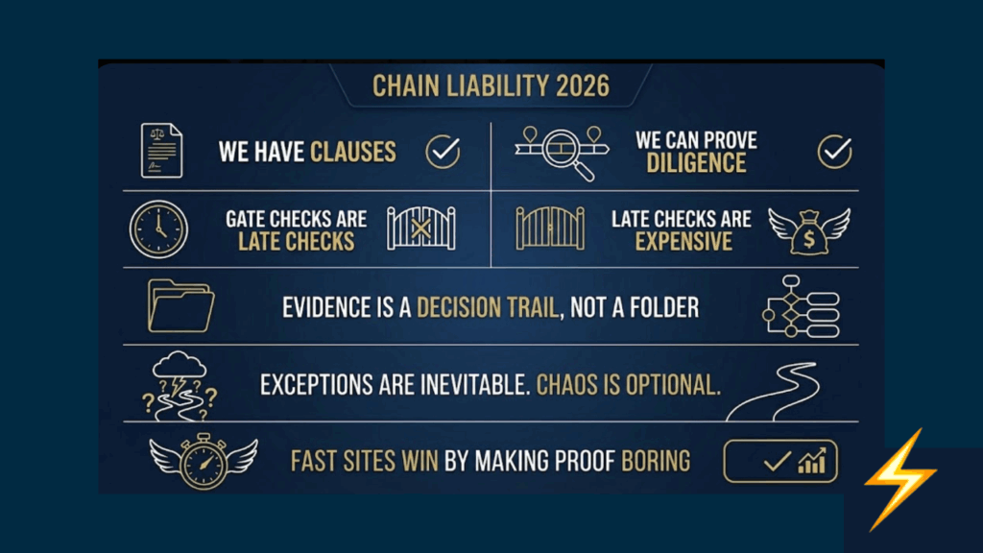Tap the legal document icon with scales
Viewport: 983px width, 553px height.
pos(161,151)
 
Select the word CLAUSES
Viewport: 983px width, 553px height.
pos(353,152)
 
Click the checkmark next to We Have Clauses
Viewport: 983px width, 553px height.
pos(443,151)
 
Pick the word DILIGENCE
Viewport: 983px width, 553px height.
pos(696,163)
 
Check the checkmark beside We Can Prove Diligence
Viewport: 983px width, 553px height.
pos(834,151)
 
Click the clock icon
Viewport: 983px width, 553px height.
pos(158,229)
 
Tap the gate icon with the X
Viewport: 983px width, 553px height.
pos(421,228)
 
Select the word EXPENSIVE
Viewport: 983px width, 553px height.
pos(683,241)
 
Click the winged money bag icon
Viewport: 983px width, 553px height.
pos(809,231)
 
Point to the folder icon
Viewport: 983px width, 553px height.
pos(180,306)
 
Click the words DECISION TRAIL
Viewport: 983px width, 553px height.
pos(487,308)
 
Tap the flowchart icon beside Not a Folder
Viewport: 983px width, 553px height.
pos(801,306)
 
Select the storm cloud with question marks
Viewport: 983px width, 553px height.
pos(180,385)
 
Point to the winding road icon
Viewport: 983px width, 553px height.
pos(773,392)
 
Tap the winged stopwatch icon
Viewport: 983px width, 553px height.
pos(204,461)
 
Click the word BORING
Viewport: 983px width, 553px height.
pos(656,462)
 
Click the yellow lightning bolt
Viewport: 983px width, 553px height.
pos(900,480)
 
